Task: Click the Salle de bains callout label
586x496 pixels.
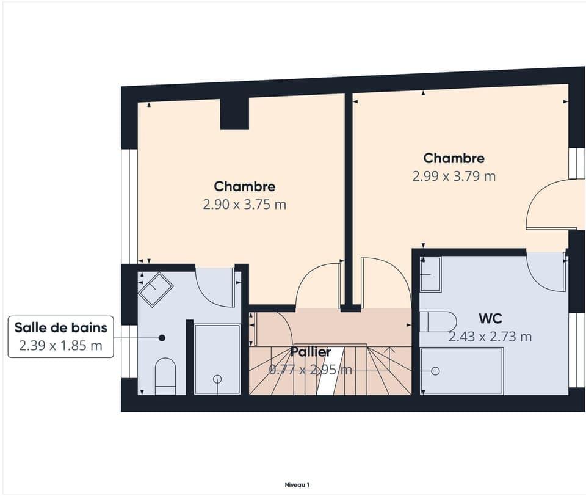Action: [x=61, y=327]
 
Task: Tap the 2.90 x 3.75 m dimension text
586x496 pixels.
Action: [x=245, y=205]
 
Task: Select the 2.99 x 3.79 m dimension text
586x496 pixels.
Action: [x=454, y=176]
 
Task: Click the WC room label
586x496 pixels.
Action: [x=490, y=319]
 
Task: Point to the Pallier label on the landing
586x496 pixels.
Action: [x=311, y=352]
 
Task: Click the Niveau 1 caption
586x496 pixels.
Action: [x=297, y=485]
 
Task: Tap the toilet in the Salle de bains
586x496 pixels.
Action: [x=165, y=376]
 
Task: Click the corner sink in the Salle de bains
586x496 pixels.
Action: [x=156, y=290]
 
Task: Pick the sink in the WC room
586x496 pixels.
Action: [x=431, y=274]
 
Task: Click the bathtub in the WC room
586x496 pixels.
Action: [x=462, y=371]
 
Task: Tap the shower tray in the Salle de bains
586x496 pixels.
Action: [x=217, y=359]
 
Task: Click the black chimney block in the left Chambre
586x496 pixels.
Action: [x=234, y=114]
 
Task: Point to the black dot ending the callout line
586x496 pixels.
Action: [x=162, y=338]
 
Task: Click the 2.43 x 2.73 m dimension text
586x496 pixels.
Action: [x=490, y=337]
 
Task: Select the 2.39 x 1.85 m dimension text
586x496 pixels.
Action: [x=61, y=345]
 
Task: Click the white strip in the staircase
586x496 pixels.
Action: [x=330, y=371]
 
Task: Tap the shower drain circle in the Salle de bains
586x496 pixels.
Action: [x=217, y=379]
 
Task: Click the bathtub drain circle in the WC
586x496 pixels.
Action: [x=435, y=371]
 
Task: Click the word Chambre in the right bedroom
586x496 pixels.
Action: [x=454, y=158]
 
